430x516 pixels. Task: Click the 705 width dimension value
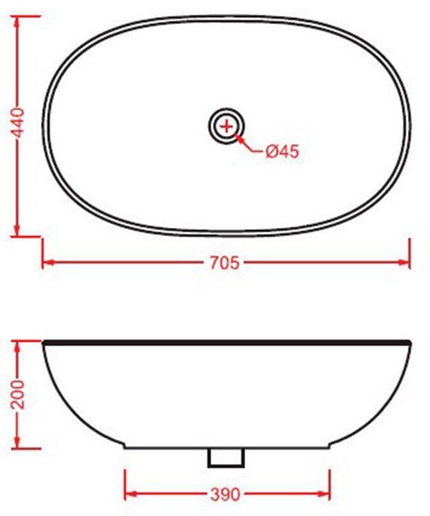click(x=224, y=263)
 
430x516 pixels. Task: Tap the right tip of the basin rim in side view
click(x=409, y=344)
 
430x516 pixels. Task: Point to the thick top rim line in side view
click(x=226, y=342)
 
